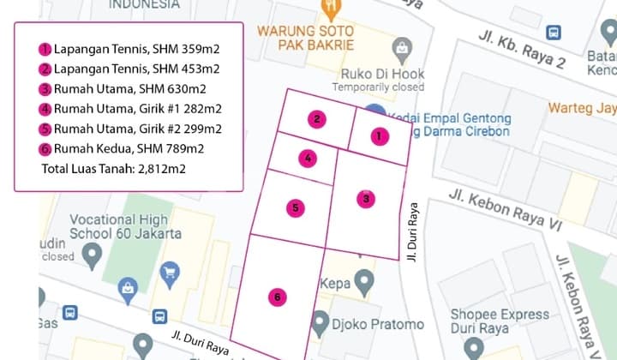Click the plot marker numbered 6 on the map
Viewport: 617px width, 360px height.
click(x=276, y=297)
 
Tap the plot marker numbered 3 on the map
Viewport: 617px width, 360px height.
click(x=366, y=199)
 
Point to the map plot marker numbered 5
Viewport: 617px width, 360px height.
click(x=295, y=207)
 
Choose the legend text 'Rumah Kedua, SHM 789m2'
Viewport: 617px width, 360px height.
click(x=129, y=149)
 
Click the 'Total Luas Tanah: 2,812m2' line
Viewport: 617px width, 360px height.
click(x=113, y=169)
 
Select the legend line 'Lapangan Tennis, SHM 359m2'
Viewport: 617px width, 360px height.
click(x=136, y=49)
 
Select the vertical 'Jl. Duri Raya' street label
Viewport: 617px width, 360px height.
click(x=413, y=231)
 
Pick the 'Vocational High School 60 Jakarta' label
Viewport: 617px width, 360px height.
click(x=125, y=225)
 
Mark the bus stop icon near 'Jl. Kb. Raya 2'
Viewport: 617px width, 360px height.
click(x=554, y=32)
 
